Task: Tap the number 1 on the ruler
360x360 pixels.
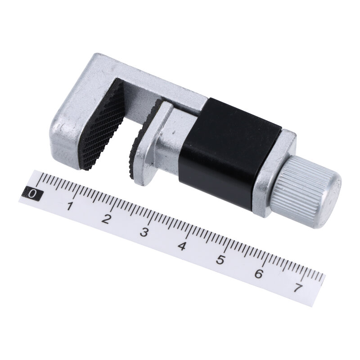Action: pos(70,207)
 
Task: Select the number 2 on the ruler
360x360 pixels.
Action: pos(107,220)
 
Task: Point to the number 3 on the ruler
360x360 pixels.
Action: pos(144,233)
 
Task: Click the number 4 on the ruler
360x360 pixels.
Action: pos(182,246)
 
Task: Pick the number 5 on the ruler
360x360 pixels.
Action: pos(220,260)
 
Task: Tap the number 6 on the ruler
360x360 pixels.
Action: pos(258,273)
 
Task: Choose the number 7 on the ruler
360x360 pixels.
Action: pos(297,287)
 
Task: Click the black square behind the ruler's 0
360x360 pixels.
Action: pos(33,194)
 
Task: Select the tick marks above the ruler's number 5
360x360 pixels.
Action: pos(223,245)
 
